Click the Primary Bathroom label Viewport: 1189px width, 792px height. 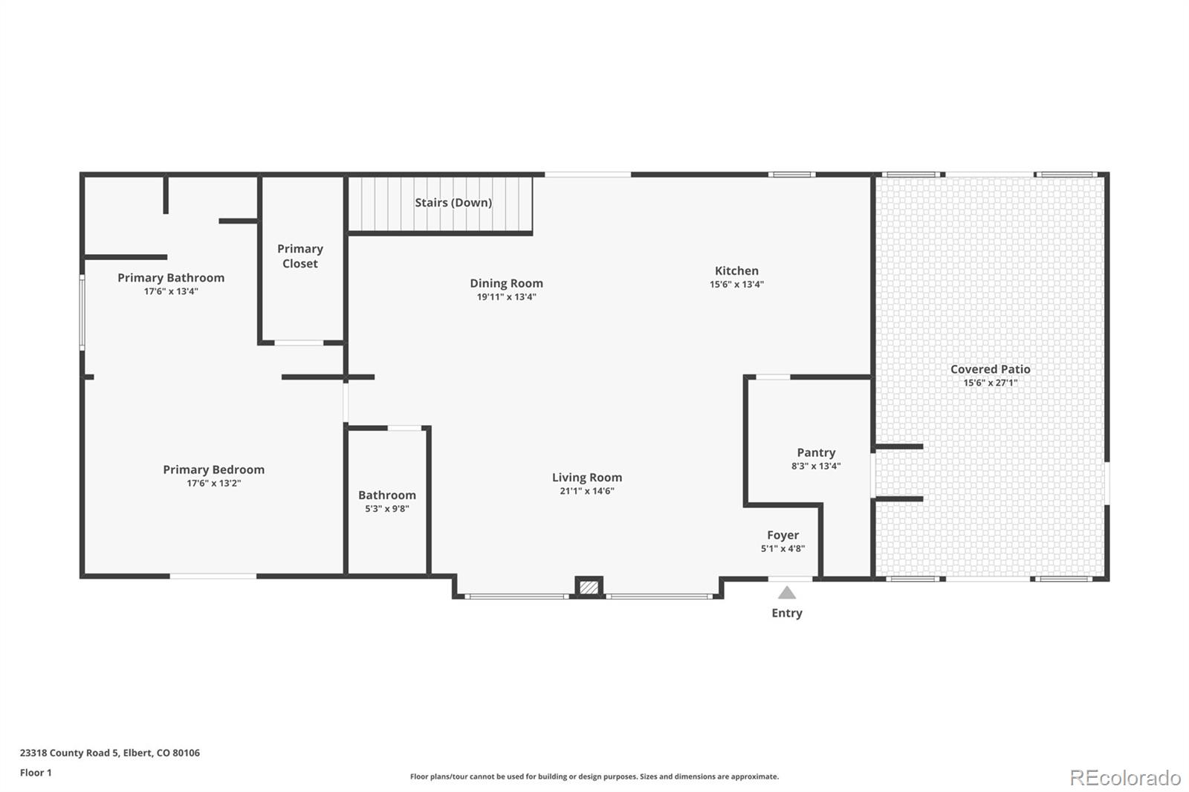click(x=171, y=278)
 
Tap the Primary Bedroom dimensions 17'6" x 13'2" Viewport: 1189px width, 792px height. click(x=214, y=483)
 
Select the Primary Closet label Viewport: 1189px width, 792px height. click(x=300, y=256)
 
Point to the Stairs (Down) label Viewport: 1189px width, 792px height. click(x=453, y=202)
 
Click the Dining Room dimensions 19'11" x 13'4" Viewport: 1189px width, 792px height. click(x=506, y=296)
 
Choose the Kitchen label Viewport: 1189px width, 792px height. click(x=736, y=270)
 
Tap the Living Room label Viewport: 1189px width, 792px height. click(x=587, y=477)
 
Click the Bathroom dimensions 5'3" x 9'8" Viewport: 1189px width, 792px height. click(x=387, y=508)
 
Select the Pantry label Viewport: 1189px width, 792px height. click(x=816, y=452)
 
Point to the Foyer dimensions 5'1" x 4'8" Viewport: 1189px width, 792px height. click(x=783, y=548)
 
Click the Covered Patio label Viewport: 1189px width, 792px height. click(x=991, y=369)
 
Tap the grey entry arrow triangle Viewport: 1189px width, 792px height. click(x=787, y=592)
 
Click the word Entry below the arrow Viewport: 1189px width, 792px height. click(x=787, y=613)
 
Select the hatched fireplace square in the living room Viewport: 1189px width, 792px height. click(x=589, y=587)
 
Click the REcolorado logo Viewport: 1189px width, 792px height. click(x=1125, y=778)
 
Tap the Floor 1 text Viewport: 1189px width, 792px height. click(x=36, y=773)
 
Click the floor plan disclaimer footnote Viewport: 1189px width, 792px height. click(x=594, y=776)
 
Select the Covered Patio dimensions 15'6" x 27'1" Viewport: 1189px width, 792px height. click(x=991, y=383)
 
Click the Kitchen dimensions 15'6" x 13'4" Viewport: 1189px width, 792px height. click(x=736, y=284)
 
